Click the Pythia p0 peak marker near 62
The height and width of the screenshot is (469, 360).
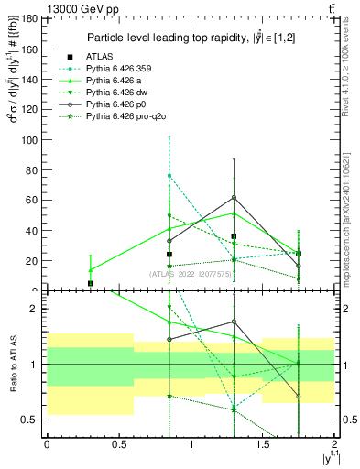[234, 197]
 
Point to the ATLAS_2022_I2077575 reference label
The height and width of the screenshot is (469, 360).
[190, 273]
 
